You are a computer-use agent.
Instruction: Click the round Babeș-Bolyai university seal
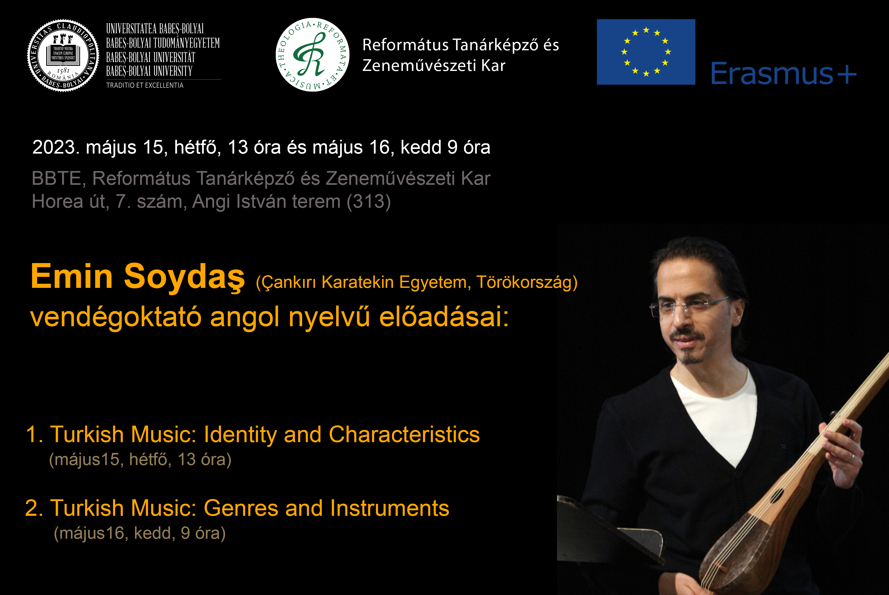point(63,55)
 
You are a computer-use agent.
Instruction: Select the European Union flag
point(646,52)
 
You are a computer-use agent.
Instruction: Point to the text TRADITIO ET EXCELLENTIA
point(145,85)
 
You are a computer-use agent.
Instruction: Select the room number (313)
point(369,202)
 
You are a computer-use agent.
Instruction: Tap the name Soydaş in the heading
point(184,277)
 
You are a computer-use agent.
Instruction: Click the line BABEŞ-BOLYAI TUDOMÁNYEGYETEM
point(163,43)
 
